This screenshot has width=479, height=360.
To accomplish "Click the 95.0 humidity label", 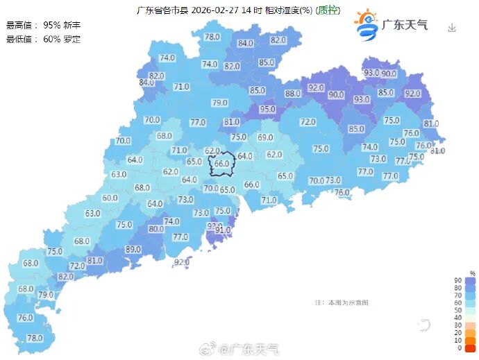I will tap(267, 109).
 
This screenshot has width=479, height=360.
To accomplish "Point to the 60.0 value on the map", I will tap(110, 198).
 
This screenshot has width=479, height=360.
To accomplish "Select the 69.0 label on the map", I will tap(265, 137).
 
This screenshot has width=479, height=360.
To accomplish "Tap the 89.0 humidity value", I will tap(133, 250).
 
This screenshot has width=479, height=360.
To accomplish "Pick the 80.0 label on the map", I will tap(156, 229).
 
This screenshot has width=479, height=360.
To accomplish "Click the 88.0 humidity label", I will tap(292, 94).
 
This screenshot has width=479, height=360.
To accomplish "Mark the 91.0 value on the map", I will tap(223, 230).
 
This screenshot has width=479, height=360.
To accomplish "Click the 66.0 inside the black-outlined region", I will tap(221, 164).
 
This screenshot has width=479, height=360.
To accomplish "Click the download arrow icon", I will tap(452, 28).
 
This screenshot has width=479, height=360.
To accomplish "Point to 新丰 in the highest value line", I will tap(72, 25).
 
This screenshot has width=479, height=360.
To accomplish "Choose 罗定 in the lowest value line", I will tap(72, 39).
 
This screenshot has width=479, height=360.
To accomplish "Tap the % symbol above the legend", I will tap(472, 273).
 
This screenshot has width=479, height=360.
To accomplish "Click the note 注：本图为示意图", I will tap(341, 302).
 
